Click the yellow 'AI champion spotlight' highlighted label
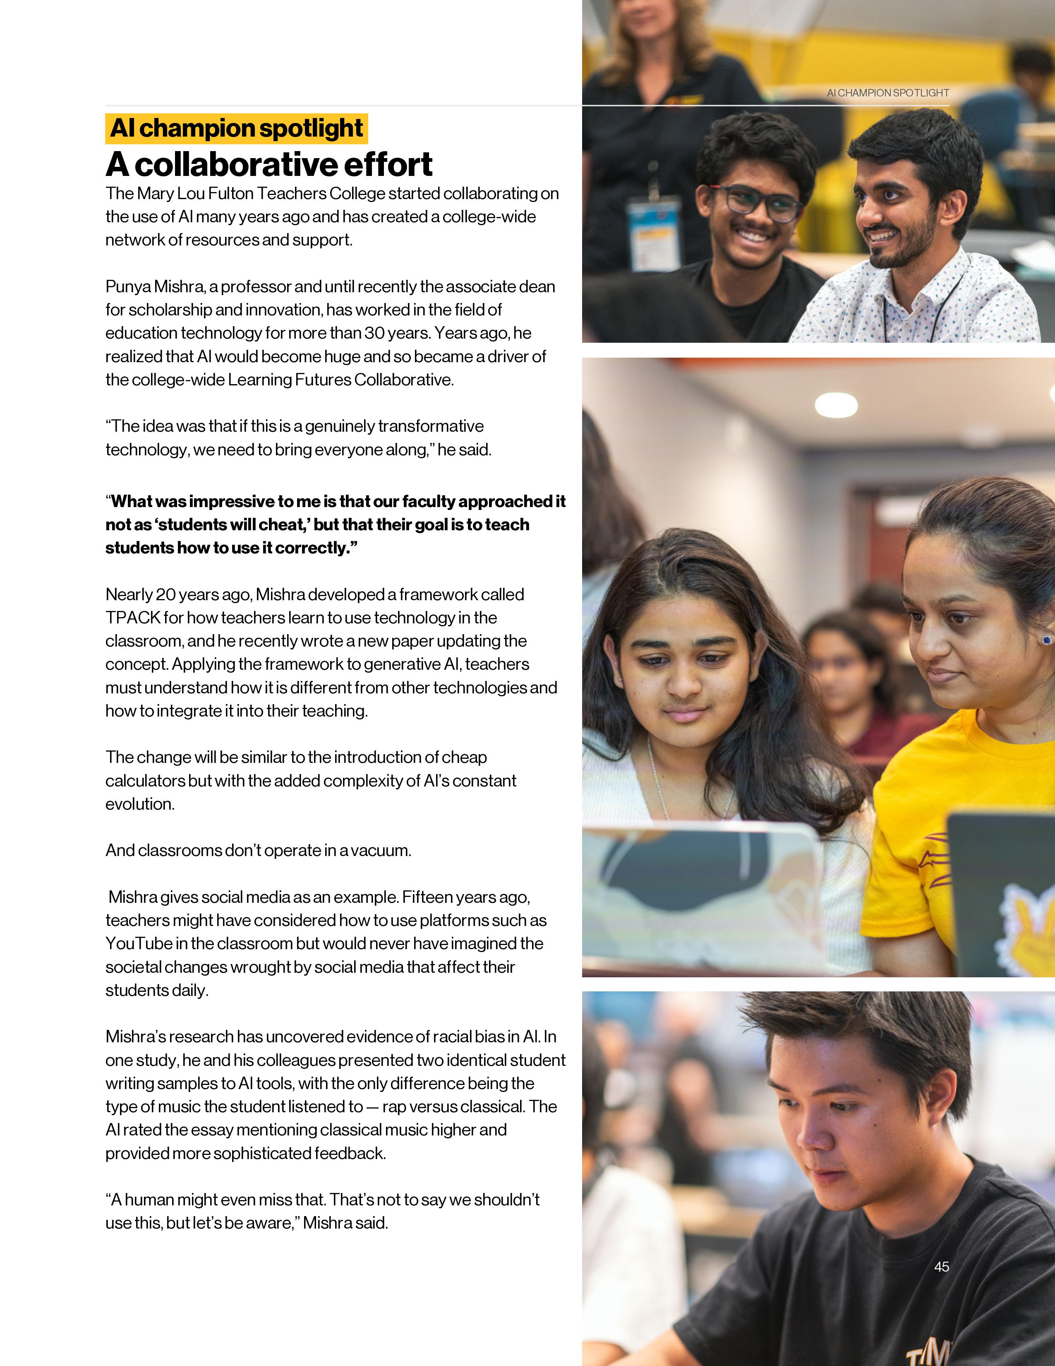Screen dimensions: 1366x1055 pos(236,129)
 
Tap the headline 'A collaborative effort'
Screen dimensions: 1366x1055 pos(269,164)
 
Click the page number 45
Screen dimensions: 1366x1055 pos(941,1267)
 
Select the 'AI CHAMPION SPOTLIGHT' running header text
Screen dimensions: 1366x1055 pos(887,93)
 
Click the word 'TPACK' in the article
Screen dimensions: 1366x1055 pos(132,618)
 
